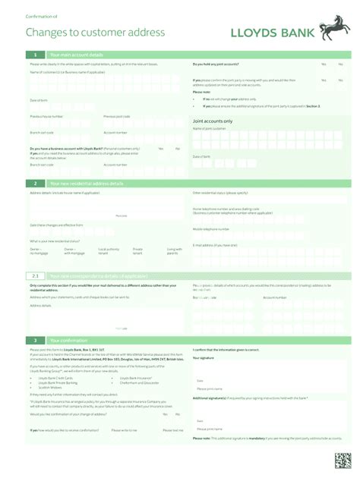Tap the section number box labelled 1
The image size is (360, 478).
(x=35, y=55)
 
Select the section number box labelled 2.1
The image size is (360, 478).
(x=35, y=275)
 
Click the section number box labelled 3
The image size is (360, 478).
(x=35, y=340)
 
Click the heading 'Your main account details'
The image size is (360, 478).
(x=76, y=55)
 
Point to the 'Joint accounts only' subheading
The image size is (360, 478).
(x=213, y=121)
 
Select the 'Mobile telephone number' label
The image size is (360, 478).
(x=211, y=228)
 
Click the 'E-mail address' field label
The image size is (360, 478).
(x=211, y=245)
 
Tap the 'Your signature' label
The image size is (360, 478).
(x=203, y=357)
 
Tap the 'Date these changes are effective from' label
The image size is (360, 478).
(x=55, y=225)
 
